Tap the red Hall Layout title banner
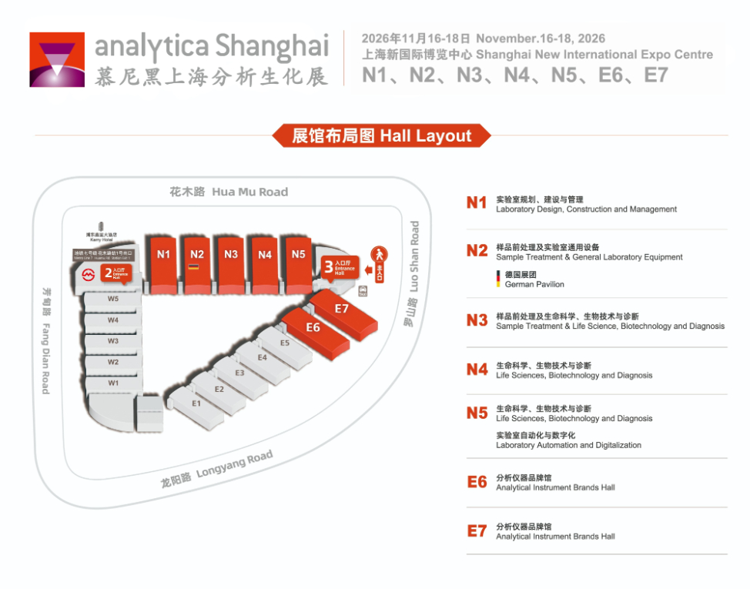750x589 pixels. coord(381,136)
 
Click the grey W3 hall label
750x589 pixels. coord(113,340)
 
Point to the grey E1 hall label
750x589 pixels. coord(196,403)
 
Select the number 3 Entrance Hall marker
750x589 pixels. coord(339,268)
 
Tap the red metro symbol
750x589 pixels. coord(89,273)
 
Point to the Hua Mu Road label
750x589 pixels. coord(229,192)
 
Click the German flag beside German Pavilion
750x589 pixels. coord(498,279)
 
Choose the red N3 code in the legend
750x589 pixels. coord(477,320)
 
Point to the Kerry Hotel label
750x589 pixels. coord(101,238)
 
